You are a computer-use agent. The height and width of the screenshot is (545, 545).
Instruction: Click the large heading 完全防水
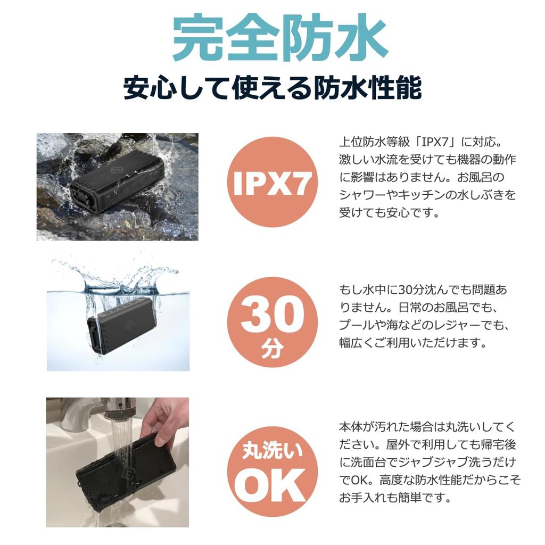272,38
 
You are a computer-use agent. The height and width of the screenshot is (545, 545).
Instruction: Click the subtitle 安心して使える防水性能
272,88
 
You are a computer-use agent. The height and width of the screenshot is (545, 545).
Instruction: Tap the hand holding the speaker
168,420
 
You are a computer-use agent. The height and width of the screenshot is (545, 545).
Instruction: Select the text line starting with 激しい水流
427,160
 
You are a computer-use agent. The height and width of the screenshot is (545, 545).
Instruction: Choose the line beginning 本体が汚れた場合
427,427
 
